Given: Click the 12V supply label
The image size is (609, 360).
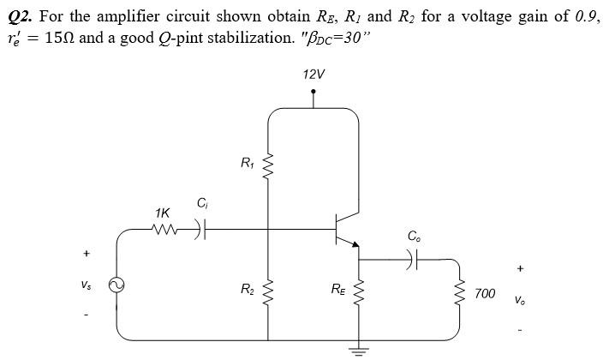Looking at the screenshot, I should tap(313, 75).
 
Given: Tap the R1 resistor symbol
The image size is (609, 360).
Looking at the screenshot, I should tap(271, 163).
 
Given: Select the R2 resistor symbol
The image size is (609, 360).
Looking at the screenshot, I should tap(271, 289).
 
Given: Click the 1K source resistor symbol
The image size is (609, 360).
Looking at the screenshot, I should tap(163, 229).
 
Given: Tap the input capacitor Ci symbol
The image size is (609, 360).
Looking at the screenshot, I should tap(202, 229).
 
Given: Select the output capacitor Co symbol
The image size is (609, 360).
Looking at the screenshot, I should tap(415, 258).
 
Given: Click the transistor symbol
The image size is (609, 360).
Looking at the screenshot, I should tap(348, 227).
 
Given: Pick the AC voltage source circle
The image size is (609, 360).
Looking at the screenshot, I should tap(116, 288).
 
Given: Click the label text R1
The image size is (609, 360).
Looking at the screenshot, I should tap(248, 162).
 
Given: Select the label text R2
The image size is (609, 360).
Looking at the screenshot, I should tap(248, 289).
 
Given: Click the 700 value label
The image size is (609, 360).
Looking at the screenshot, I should tap(484, 293).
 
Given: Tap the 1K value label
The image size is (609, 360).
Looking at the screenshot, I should tap(162, 212).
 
